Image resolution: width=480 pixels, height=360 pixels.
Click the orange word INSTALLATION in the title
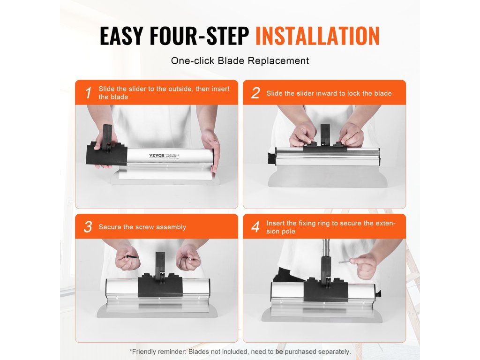[x=317, y=36]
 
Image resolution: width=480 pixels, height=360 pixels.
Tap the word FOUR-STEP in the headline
[x=199, y=36]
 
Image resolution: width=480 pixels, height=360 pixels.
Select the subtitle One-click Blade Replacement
[x=240, y=60]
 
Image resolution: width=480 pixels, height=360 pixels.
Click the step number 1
[x=89, y=93]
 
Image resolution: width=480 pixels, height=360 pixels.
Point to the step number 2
[x=255, y=93]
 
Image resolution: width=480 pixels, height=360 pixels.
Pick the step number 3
[x=88, y=227]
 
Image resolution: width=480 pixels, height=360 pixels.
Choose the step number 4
[x=255, y=227]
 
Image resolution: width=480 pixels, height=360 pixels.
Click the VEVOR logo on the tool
[x=157, y=156]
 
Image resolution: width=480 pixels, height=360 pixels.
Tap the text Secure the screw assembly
[x=142, y=227]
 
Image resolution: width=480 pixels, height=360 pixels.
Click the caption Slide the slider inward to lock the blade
[x=329, y=93]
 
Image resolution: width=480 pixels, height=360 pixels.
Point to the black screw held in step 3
[x=131, y=256]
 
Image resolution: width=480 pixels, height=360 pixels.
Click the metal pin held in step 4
[x=345, y=261]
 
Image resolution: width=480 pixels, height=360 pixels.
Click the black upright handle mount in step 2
[x=325, y=133]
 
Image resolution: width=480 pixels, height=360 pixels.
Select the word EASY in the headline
[x=121, y=36]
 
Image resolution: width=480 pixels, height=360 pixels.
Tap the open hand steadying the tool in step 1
[x=211, y=150]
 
